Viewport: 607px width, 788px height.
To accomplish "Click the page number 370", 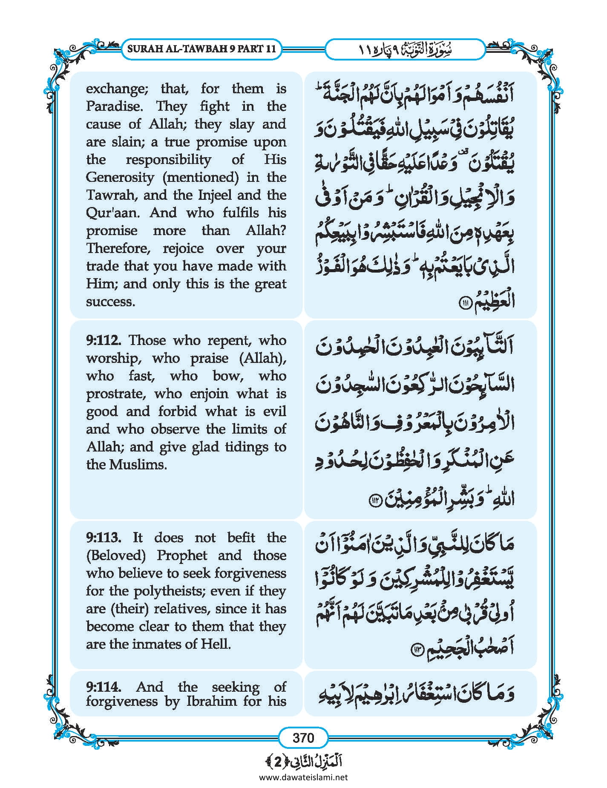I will (303, 737).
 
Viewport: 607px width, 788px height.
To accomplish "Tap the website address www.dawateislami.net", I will (303, 777).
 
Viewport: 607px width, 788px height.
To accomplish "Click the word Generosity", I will (120, 177).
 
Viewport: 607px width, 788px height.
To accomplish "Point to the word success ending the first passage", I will (110, 302).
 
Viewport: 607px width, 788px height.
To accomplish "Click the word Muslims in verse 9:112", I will (137, 464).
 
